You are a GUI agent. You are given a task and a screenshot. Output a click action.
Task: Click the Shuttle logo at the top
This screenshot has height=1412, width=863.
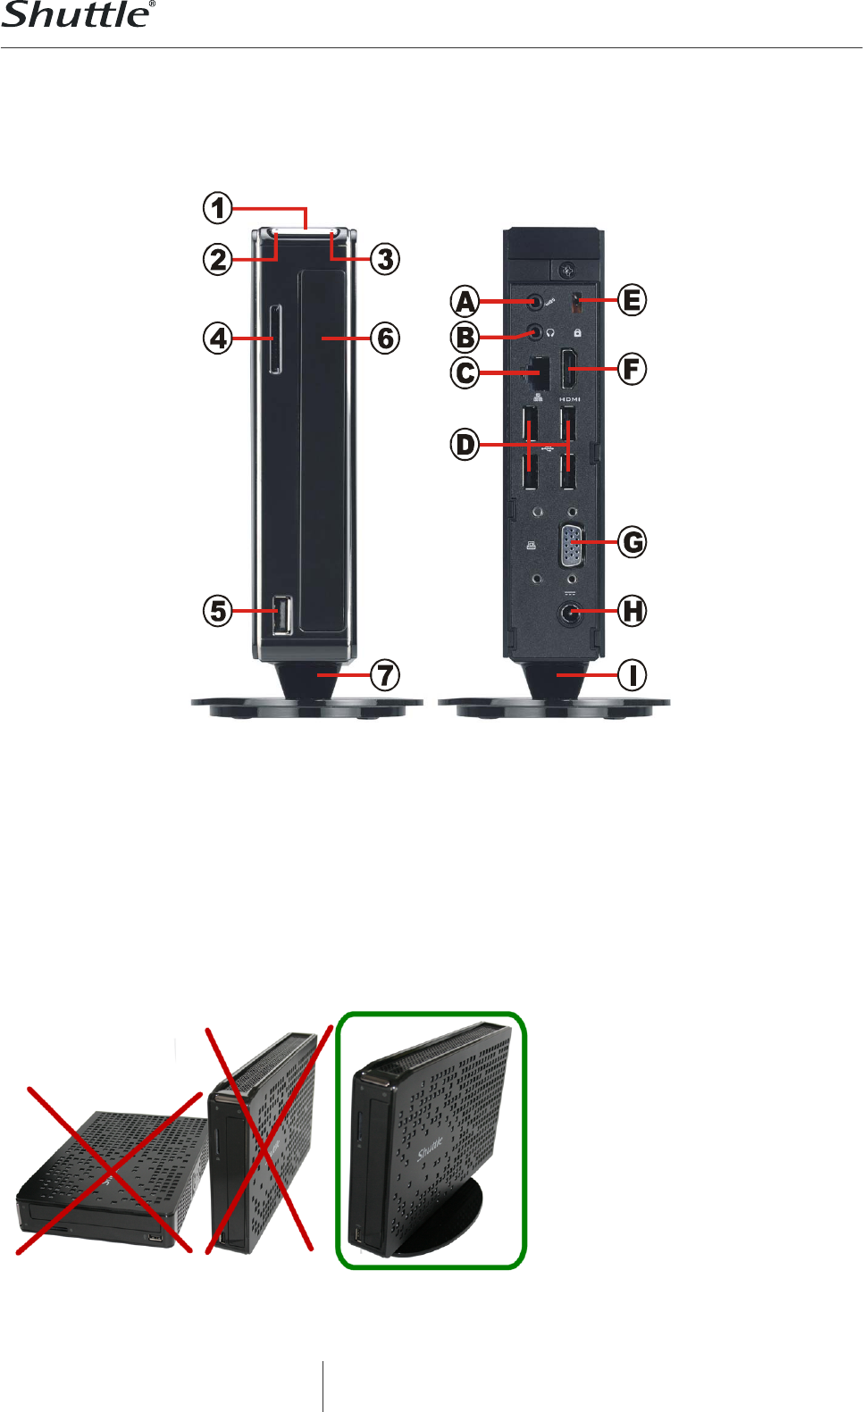click(78, 14)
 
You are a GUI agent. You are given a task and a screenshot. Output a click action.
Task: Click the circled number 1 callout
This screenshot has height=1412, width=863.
click(217, 208)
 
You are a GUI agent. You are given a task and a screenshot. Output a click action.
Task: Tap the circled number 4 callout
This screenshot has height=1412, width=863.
click(217, 338)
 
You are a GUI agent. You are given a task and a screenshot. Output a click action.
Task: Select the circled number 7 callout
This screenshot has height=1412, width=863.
click(384, 675)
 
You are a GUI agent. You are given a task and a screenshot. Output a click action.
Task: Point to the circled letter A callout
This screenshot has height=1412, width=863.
click(465, 301)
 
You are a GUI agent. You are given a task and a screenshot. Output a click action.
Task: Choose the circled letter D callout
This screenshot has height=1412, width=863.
click(465, 445)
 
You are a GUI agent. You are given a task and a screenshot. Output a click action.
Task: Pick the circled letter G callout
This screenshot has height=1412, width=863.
click(632, 542)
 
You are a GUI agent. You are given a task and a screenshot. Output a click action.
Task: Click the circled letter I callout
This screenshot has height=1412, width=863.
click(632, 675)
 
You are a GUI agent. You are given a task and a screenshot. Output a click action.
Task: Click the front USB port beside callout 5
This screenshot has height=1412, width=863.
click(282, 614)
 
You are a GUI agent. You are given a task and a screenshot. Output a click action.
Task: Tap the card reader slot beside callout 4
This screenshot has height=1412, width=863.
click(275, 339)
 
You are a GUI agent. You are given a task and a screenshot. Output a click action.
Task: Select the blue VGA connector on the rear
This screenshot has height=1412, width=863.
click(571, 545)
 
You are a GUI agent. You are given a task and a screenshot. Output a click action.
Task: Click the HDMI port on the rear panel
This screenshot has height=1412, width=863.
click(569, 369)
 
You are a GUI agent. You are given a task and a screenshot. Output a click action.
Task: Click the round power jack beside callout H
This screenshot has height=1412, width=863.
click(570, 613)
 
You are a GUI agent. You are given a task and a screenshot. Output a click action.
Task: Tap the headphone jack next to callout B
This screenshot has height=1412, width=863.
click(535, 331)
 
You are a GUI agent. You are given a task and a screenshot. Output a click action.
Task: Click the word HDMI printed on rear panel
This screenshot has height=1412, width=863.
click(569, 399)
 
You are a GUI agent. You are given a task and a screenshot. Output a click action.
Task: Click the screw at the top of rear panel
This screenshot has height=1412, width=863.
click(569, 271)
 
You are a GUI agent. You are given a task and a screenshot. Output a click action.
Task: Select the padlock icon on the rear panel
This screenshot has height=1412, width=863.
click(577, 332)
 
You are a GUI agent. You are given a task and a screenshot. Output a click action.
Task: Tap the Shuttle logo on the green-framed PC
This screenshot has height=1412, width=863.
click(430, 1149)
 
